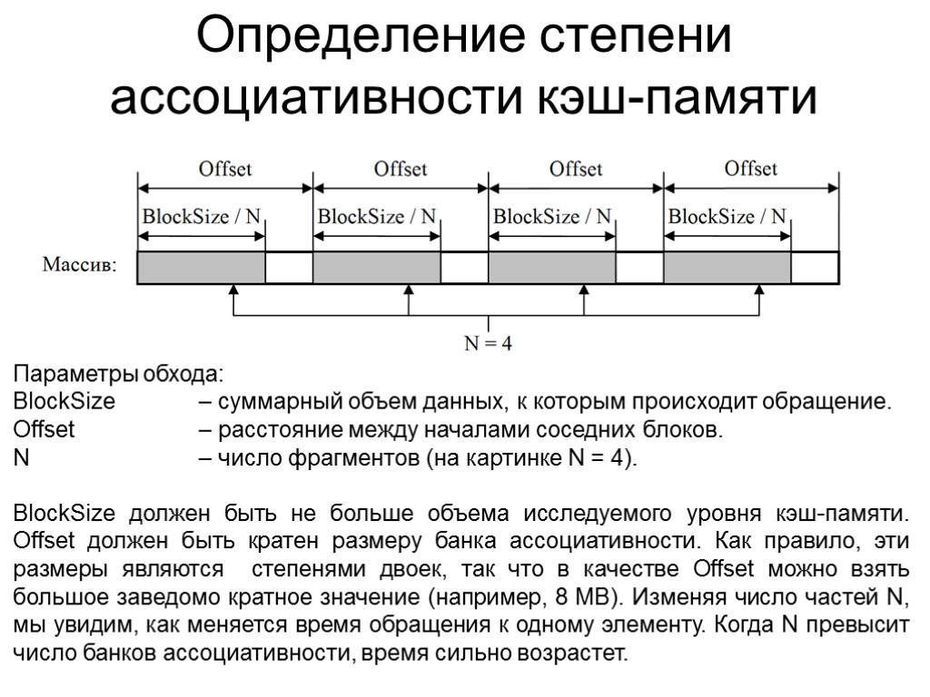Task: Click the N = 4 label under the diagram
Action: tap(489, 344)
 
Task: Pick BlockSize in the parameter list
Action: tap(64, 402)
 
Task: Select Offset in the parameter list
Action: tap(45, 429)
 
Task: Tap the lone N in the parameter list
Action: tap(21, 456)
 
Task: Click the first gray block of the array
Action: tap(201, 267)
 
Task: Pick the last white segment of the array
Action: tap(814, 267)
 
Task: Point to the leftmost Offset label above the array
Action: tap(225, 169)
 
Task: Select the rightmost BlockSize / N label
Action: tap(727, 217)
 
